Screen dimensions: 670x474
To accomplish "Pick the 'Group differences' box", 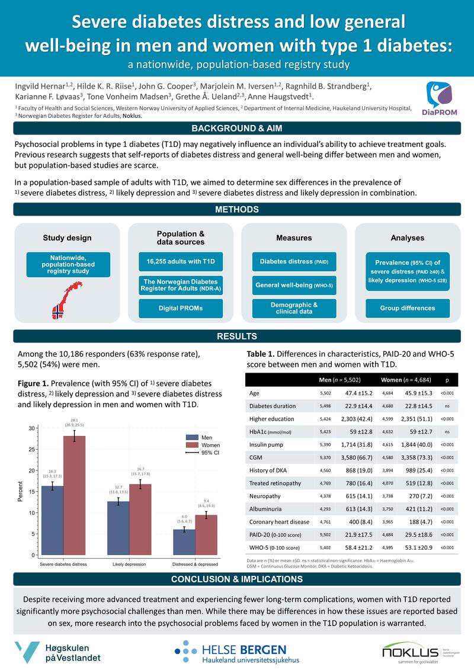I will point(407,308).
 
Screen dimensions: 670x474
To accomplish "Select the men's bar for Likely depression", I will point(118,528).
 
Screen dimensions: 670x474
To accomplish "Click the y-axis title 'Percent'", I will point(20,492).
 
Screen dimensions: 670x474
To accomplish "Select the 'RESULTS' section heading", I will point(237,336).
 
